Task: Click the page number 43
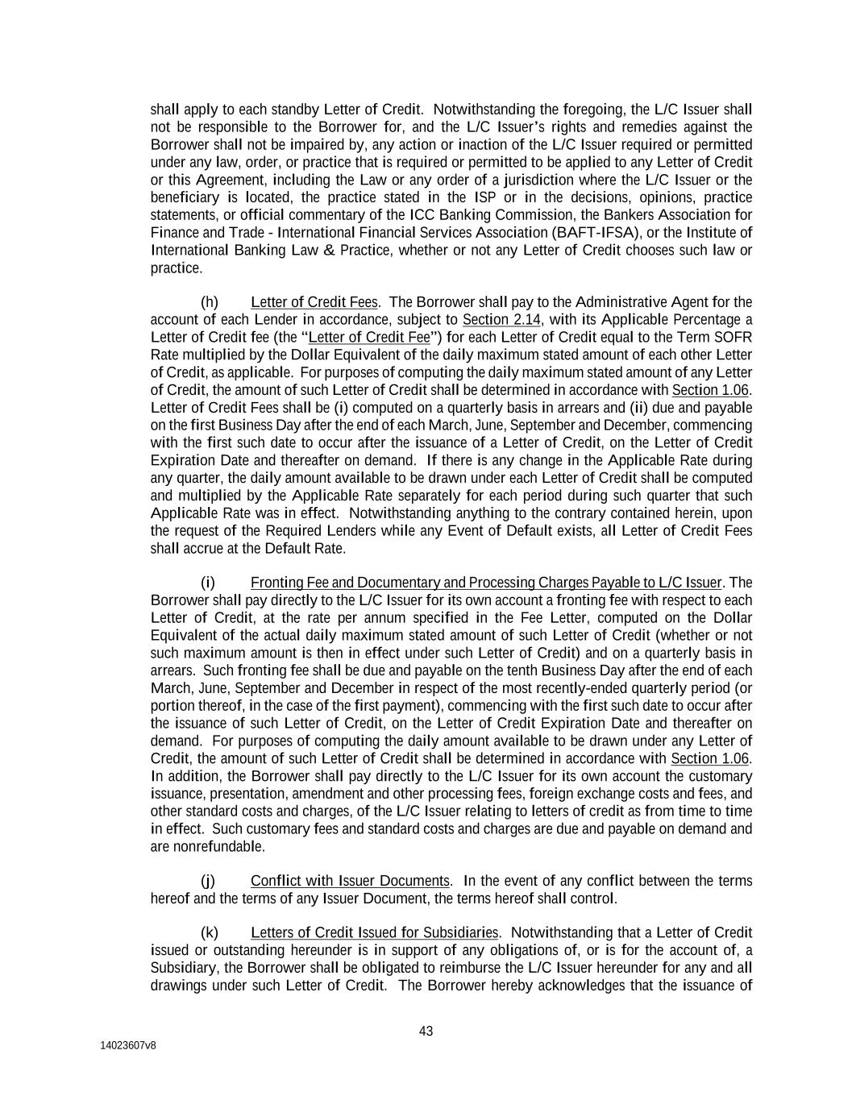coord(426,1031)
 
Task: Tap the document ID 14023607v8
coord(128,1045)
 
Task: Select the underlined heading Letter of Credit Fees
coord(314,302)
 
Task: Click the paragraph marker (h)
coord(209,302)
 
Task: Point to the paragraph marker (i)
coord(207,583)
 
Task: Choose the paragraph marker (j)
coord(207,881)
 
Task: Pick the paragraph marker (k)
coord(209,933)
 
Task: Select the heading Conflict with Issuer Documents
coord(349,881)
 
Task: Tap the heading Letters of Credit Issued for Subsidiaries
coord(375,933)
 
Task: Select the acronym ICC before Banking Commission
coord(422,215)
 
